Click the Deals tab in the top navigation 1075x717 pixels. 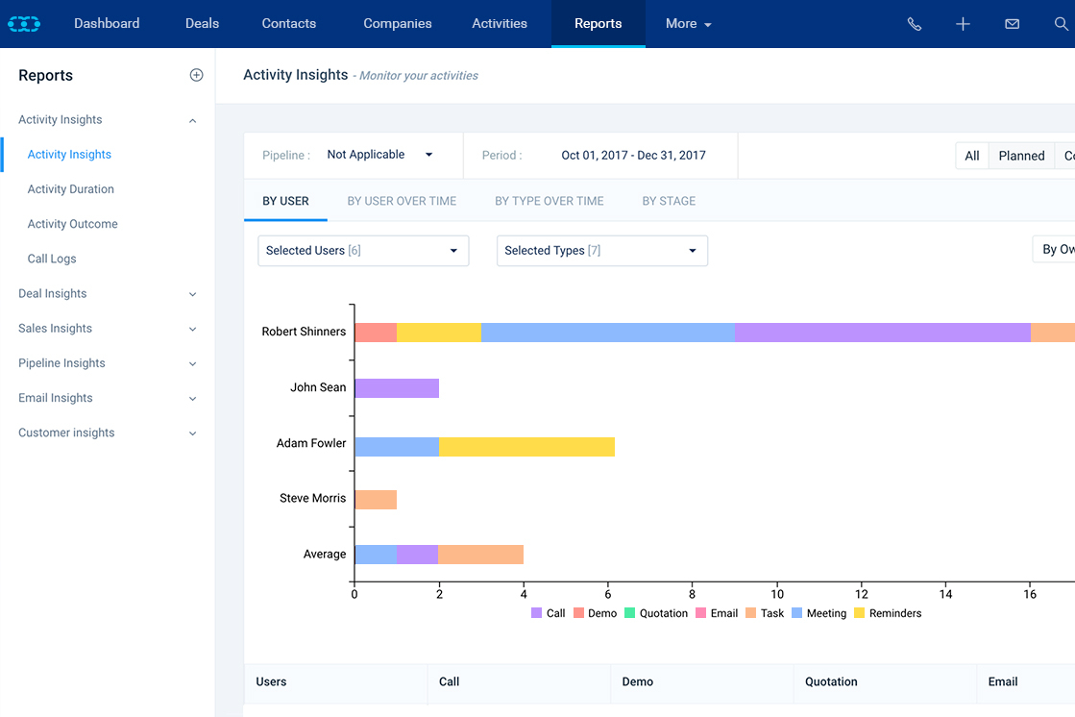pos(202,23)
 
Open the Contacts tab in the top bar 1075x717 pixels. pos(288,23)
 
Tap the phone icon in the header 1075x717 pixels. pos(914,24)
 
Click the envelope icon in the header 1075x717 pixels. pos(1012,24)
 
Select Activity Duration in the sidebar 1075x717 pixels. pos(70,189)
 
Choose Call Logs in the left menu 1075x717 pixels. pos(52,259)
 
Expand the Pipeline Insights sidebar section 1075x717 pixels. pos(61,363)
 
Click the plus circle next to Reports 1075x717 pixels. pos(196,75)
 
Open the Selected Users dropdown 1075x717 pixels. pos(363,251)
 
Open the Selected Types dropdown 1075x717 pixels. pos(601,251)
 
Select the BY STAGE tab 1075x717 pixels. pos(669,201)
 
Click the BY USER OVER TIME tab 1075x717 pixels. pos(402,201)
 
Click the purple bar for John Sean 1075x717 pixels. pos(397,388)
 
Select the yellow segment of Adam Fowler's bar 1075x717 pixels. pos(526,446)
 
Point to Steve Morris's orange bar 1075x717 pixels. pos(376,500)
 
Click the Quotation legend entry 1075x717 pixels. pos(656,613)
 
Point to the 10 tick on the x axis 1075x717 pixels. pos(776,594)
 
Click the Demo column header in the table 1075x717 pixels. pos(638,681)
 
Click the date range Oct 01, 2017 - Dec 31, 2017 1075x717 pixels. pos(633,155)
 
